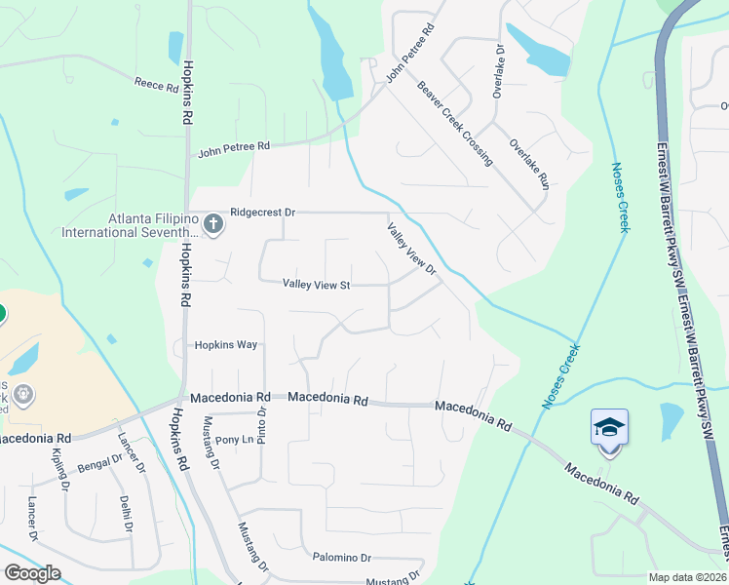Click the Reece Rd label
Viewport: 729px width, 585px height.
coord(157,87)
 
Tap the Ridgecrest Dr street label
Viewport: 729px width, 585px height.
coord(262,212)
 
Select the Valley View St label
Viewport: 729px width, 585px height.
coord(316,285)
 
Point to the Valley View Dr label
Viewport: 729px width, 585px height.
coord(410,249)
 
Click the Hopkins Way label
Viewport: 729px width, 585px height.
coord(225,345)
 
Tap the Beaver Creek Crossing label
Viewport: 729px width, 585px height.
coord(454,122)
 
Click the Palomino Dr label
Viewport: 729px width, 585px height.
coord(342,558)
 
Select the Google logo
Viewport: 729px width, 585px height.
coord(32,573)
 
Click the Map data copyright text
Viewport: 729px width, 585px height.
coord(688,577)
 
